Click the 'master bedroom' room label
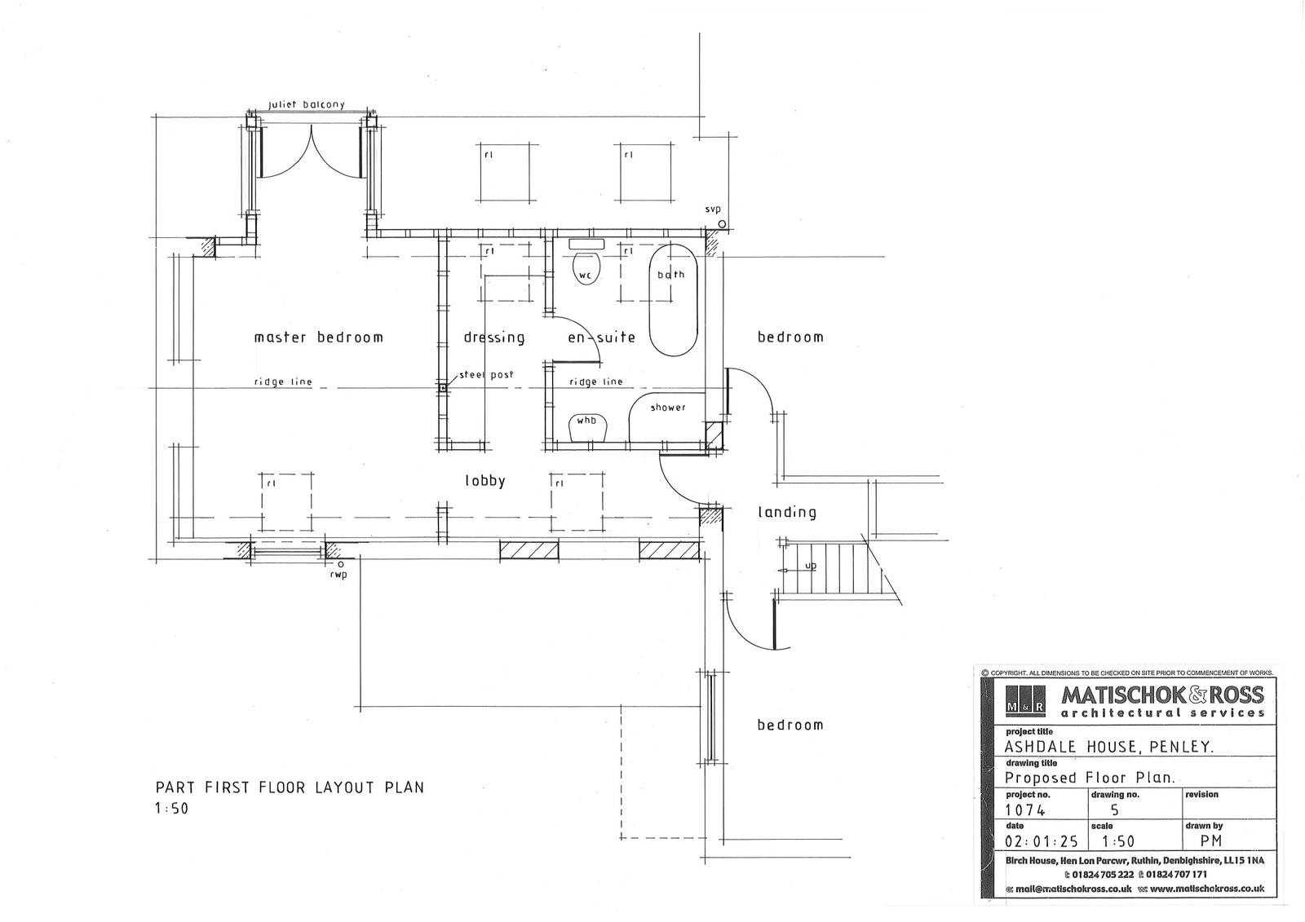coord(319,337)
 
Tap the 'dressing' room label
coord(494,337)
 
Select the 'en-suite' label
coord(601,337)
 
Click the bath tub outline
coord(674,300)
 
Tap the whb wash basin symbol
coord(588,427)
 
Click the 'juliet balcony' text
coord(307,105)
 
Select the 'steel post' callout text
coord(486,374)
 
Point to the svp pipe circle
coord(722,223)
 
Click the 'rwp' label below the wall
coord(338,576)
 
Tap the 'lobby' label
coord(484,480)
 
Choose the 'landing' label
coord(786,512)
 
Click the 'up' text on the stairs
coord(811,566)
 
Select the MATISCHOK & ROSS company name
coord(1163,695)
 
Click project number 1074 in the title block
coord(1025,810)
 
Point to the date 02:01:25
coord(1042,841)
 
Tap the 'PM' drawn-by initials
coord(1211,840)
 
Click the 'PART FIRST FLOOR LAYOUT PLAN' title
coord(290,787)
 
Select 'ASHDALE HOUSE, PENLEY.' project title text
coord(1110,748)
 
